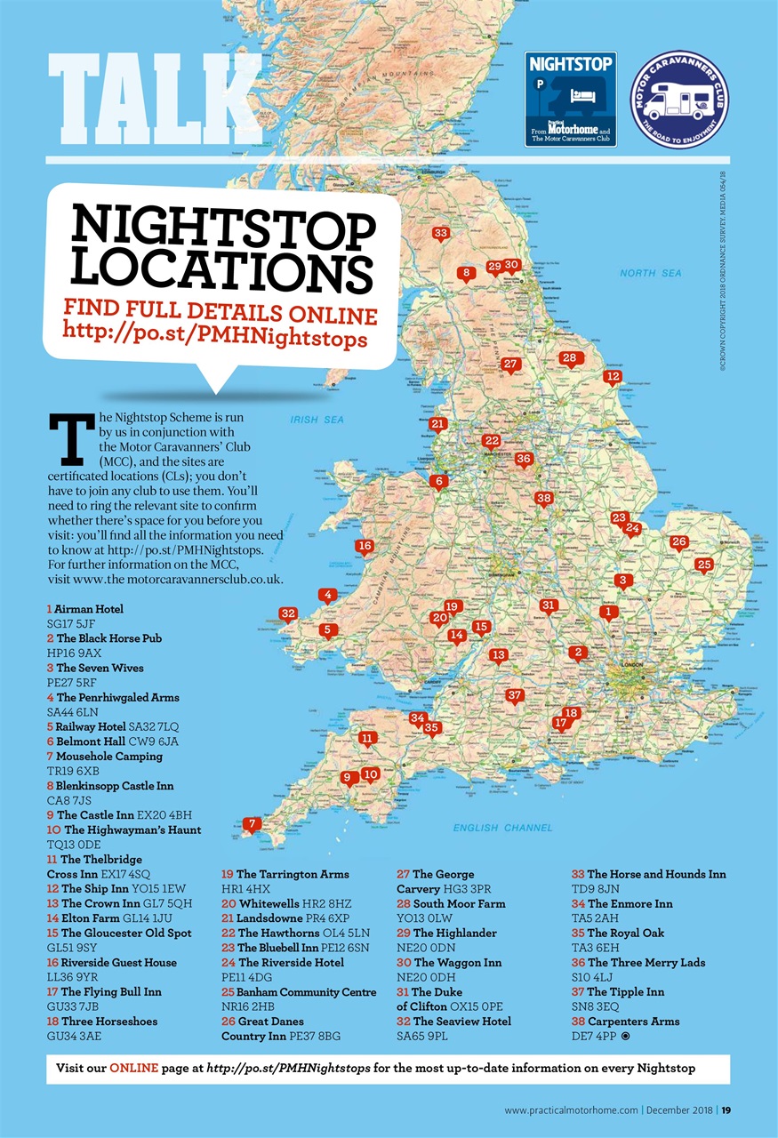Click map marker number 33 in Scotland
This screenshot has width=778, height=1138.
(440, 234)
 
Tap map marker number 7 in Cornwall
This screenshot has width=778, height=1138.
(253, 824)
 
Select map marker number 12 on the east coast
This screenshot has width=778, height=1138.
(612, 376)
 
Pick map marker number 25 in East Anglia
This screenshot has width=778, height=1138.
(704, 565)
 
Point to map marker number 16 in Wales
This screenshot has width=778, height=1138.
(363, 546)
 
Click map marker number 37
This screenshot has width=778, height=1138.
(514, 695)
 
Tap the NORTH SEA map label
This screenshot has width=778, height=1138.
(651, 273)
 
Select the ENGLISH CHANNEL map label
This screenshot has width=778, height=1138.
(502, 828)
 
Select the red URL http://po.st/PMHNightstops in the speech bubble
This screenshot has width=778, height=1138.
(215, 339)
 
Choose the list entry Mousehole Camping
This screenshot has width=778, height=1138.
(109, 756)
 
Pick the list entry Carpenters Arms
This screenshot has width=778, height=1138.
(633, 1021)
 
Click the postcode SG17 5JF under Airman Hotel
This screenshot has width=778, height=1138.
(71, 624)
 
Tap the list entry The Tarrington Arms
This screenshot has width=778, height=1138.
(293, 874)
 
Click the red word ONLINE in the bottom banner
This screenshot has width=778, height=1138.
(134, 1067)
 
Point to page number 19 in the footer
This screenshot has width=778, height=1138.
(726, 1110)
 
